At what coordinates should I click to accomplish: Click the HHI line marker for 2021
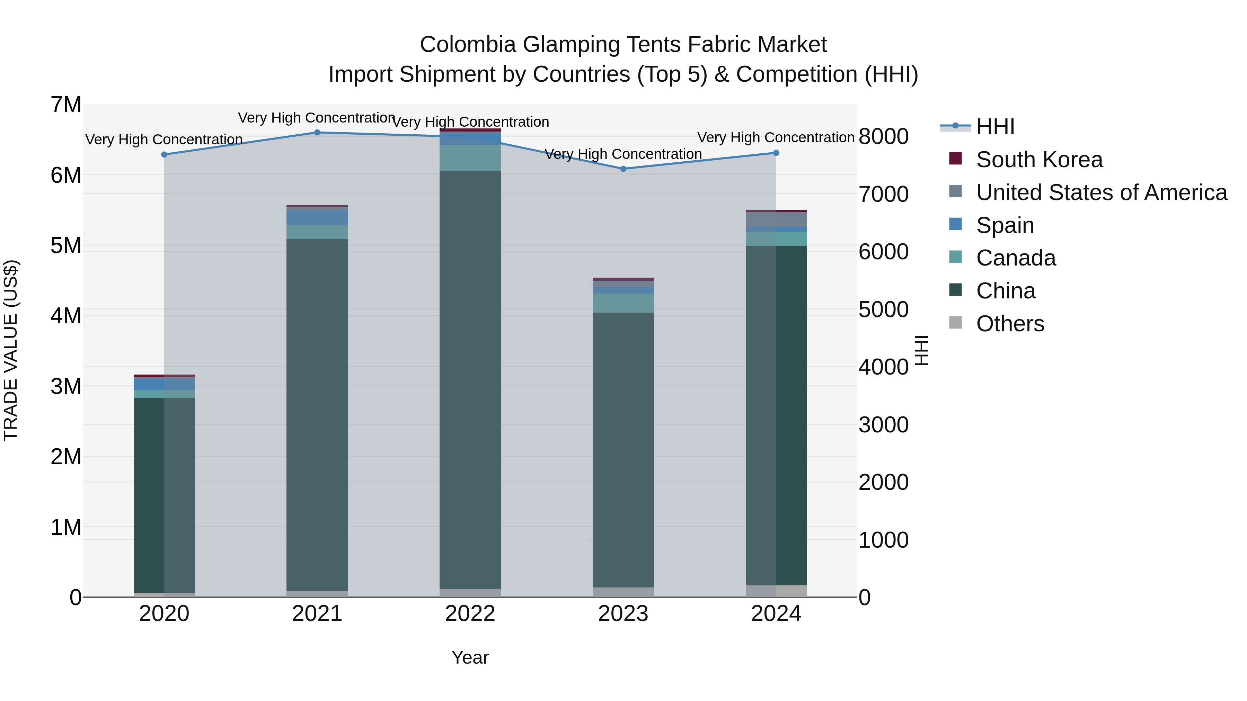[x=317, y=133]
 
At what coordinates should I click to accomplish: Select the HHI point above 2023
[x=623, y=169]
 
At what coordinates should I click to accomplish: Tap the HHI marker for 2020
[x=164, y=155]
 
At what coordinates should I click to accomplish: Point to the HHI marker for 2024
[x=776, y=153]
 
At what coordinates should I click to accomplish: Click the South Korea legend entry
[x=1039, y=160]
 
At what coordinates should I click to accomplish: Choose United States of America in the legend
[x=1101, y=192]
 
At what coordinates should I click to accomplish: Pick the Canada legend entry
[x=1016, y=258]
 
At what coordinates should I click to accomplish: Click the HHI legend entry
[x=995, y=127]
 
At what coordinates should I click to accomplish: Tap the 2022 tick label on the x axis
[x=470, y=614]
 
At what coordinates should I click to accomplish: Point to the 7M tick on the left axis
[x=66, y=105]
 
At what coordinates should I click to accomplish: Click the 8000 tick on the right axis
[x=883, y=136]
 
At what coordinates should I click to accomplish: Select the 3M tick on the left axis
[x=66, y=387]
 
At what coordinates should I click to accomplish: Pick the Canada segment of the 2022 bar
[x=470, y=158]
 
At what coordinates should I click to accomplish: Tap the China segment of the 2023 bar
[x=623, y=450]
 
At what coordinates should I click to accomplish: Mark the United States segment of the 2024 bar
[x=776, y=219]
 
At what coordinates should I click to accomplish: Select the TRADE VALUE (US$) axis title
[x=11, y=350]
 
